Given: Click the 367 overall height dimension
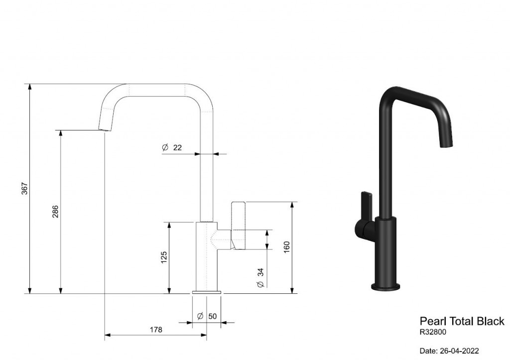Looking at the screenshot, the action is [x=25, y=189].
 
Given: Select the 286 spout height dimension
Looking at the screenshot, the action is [x=55, y=212].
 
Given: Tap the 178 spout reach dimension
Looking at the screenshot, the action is [x=156, y=330].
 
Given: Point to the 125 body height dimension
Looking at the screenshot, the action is [x=164, y=257].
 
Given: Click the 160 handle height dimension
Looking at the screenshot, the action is [x=286, y=247].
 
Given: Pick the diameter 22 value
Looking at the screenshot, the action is [x=177, y=148].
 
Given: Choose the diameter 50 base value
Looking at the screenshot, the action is [x=212, y=316].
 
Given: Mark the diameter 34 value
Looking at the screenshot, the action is [x=260, y=272].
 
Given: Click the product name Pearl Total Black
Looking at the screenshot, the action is [x=462, y=321].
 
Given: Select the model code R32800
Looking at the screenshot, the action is [x=433, y=332].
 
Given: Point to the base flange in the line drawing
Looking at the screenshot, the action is [x=207, y=292].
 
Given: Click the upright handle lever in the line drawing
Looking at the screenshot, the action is [x=239, y=226].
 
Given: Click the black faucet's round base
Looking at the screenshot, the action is [x=386, y=287].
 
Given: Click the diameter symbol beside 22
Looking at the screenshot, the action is [x=165, y=148].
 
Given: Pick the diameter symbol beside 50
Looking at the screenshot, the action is [x=200, y=316].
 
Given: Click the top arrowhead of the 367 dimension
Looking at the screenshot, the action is [x=30, y=87].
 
